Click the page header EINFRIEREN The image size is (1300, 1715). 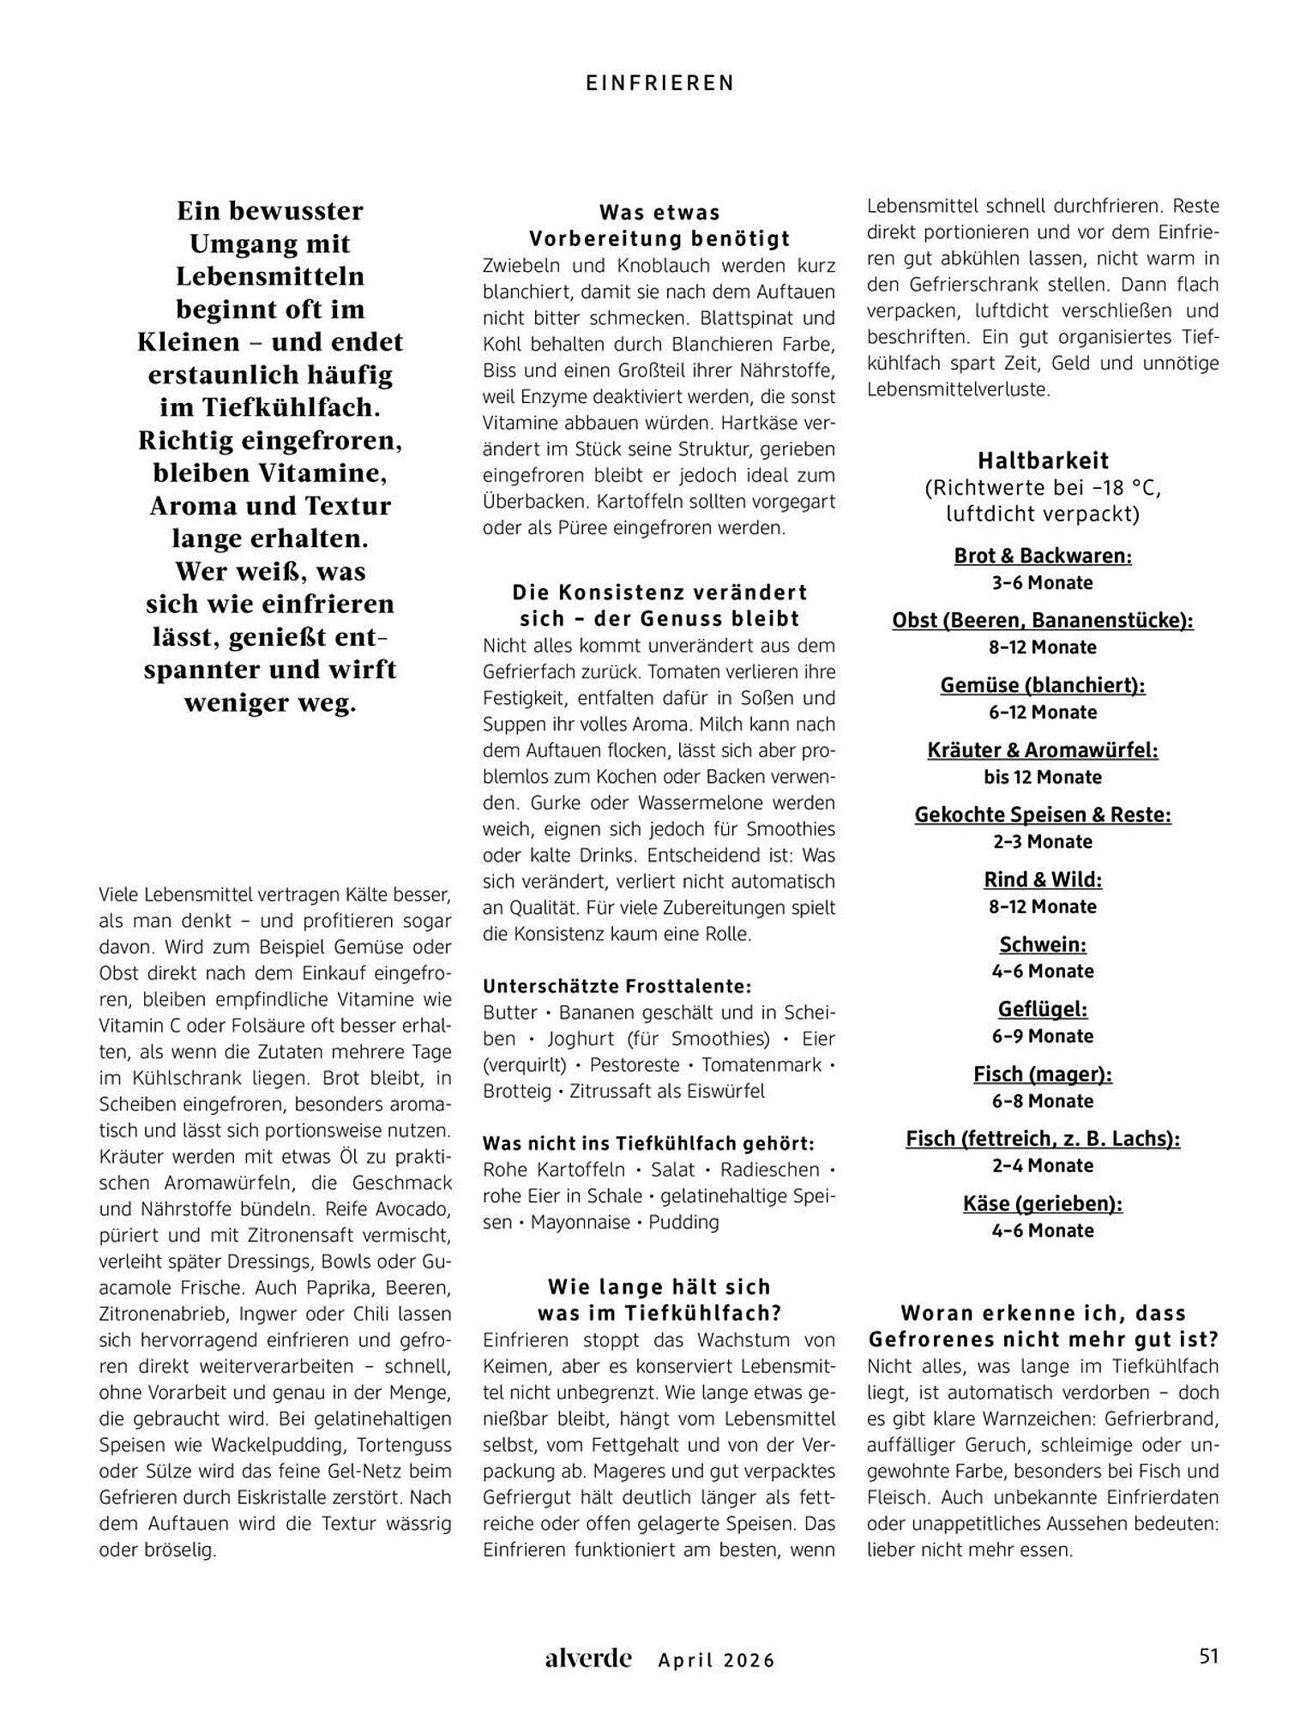660,82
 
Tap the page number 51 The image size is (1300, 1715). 1207,1656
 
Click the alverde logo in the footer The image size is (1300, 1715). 588,1658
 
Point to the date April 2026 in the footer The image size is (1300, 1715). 716,1660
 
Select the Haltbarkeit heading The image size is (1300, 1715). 1043,460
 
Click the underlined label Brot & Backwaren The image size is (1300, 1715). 1043,556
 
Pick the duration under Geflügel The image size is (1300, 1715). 1043,1036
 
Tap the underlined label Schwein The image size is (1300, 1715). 1043,944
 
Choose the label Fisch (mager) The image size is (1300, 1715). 1043,1074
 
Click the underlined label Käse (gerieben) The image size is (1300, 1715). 1043,1203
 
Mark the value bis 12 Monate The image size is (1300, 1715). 1043,777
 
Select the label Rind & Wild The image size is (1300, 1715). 1043,879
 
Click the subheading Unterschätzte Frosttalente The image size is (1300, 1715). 617,986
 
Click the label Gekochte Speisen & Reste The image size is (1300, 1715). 1043,815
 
